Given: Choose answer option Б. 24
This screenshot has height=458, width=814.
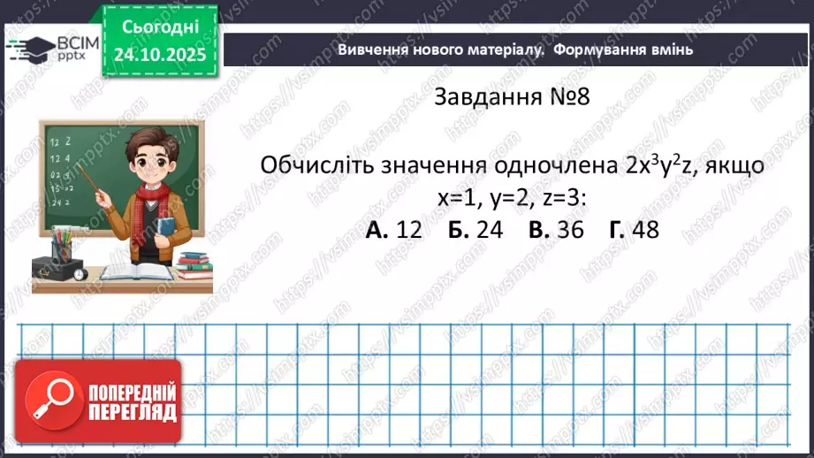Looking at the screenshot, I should [475, 230].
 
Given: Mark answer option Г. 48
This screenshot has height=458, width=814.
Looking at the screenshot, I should [634, 230].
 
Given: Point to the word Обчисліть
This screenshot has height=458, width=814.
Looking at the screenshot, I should [316, 166].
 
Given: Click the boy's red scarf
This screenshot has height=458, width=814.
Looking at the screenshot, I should [152, 198].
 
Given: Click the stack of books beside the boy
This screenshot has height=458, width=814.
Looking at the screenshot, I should [194, 263].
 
